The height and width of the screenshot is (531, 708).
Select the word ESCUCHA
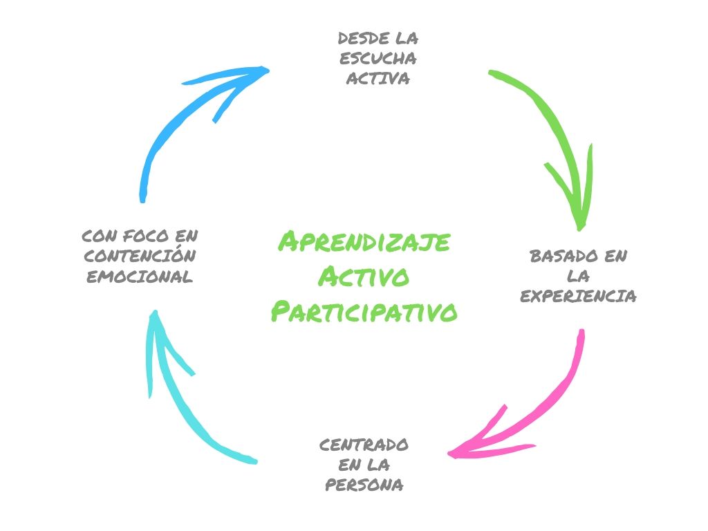pyautogui.click(x=378, y=57)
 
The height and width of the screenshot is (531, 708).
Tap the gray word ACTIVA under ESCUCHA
pyautogui.click(x=378, y=78)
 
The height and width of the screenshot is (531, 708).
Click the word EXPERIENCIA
pyautogui.click(x=578, y=297)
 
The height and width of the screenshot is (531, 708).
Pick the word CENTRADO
pyautogui.click(x=364, y=444)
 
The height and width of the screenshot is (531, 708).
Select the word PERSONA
pyautogui.click(x=364, y=485)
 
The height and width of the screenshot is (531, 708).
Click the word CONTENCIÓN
pyautogui.click(x=139, y=256)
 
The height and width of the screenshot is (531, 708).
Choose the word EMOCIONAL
pyautogui.click(x=139, y=277)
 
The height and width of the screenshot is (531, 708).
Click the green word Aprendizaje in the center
pyautogui.click(x=364, y=243)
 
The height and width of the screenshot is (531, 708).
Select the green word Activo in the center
pyautogui.click(x=364, y=277)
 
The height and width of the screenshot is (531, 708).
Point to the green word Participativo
pyautogui.click(x=364, y=312)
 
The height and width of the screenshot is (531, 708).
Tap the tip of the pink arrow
pyautogui.click(x=449, y=454)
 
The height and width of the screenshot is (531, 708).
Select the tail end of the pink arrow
pyautogui.click(x=581, y=332)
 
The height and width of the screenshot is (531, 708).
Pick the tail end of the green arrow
pyautogui.click(x=490, y=71)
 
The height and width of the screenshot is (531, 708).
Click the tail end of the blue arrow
pyautogui.click(x=142, y=200)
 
